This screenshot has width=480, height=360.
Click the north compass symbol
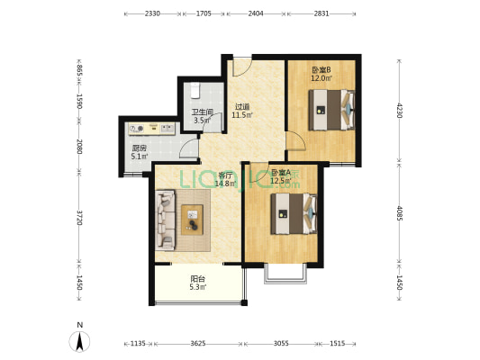(x=79, y=341)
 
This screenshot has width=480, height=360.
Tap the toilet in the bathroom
(x=195, y=91)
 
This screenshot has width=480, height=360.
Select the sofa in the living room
(x=166, y=220)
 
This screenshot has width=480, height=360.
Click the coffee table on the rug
(x=192, y=220)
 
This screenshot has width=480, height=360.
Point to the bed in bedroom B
(x=331, y=110)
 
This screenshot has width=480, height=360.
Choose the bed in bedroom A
(x=294, y=214)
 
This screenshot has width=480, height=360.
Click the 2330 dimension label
(x=152, y=13)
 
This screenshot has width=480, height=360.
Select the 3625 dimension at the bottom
(x=198, y=344)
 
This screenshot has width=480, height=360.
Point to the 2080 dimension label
(x=79, y=147)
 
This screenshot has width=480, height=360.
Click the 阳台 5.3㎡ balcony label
(x=198, y=283)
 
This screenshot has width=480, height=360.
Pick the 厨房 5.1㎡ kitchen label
(x=140, y=152)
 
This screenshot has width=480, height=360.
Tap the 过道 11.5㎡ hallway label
(x=242, y=111)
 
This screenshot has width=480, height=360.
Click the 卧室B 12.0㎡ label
(x=322, y=74)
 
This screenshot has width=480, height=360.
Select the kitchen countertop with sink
(x=151, y=129)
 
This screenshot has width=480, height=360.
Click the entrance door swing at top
(x=242, y=67)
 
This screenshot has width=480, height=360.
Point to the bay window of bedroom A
(x=285, y=273)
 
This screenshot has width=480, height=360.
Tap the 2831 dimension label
(x=322, y=13)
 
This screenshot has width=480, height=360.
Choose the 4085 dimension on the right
(x=399, y=213)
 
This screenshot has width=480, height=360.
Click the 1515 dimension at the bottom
(x=338, y=344)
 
